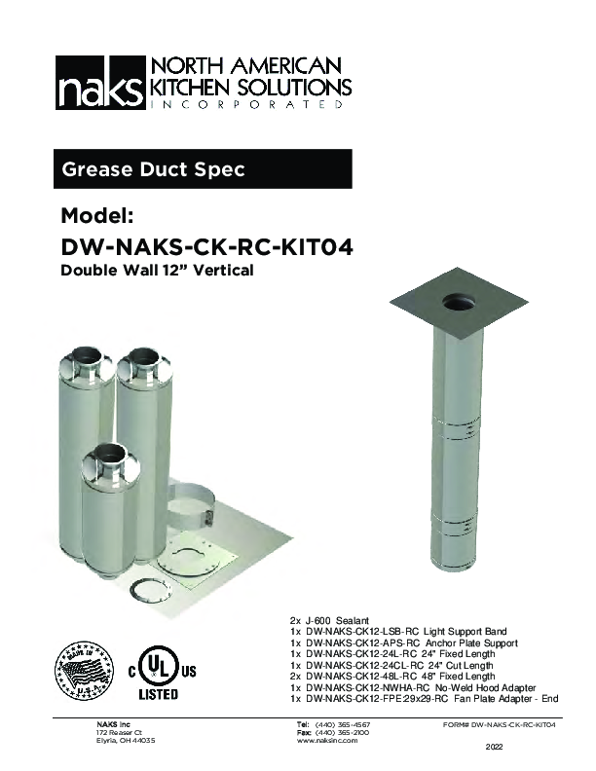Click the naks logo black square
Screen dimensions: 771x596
pos(97,84)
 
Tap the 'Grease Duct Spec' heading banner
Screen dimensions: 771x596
pos(153,169)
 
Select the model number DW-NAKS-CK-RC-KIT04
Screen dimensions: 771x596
pos(205,246)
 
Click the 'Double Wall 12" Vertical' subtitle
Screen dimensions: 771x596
pos(157,271)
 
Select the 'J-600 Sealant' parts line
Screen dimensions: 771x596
pos(331,620)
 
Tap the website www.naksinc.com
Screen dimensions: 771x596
pos(327,741)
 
